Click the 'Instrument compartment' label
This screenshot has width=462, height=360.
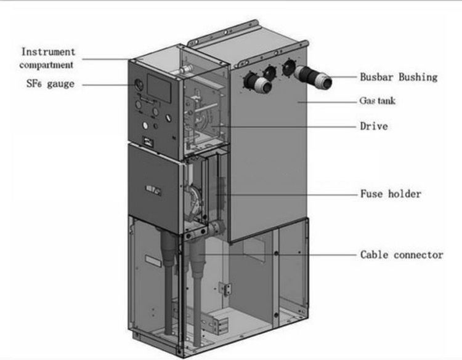pyautogui.click(x=47, y=58)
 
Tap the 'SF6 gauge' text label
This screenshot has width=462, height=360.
pyautogui.click(x=51, y=84)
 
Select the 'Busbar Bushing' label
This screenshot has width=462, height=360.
pyautogui.click(x=399, y=77)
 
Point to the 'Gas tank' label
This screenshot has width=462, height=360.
pyautogui.click(x=377, y=101)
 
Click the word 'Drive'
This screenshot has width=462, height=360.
pyautogui.click(x=374, y=126)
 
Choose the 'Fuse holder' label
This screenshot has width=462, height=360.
pyautogui.click(x=391, y=194)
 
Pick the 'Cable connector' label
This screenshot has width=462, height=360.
pyautogui.click(x=402, y=255)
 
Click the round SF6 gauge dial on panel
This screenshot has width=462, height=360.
pyautogui.click(x=139, y=84)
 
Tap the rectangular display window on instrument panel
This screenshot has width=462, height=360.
pyautogui.click(x=159, y=88)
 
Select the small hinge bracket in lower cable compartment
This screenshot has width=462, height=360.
pyautogui.click(x=225, y=287)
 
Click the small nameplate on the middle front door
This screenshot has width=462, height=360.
pyautogui.click(x=154, y=190)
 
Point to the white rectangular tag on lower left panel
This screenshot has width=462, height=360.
pyautogui.click(x=153, y=261)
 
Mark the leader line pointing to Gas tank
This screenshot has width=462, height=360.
pyautogui.click(x=327, y=102)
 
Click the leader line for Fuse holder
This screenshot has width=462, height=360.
pyautogui.click(x=286, y=194)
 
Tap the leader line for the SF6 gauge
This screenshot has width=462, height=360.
pyautogui.click(x=108, y=85)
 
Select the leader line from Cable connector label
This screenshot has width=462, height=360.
pyautogui.click(x=277, y=254)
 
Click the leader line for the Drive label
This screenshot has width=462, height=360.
pyautogui.click(x=283, y=127)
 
